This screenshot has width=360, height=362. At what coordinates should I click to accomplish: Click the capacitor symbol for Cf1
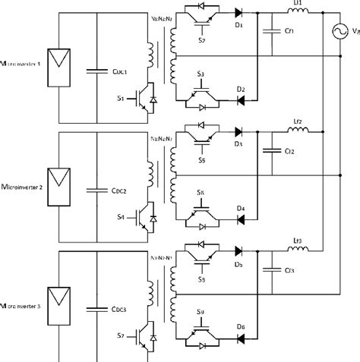click(267, 31)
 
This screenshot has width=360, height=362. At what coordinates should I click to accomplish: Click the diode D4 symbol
click(242, 220)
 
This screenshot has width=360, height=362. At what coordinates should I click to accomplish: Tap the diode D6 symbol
click(242, 338)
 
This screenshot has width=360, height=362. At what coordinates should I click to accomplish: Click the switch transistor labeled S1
click(147, 102)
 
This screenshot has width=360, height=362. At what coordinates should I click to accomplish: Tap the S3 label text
click(201, 72)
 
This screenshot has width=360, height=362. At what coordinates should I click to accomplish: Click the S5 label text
click(201, 160)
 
